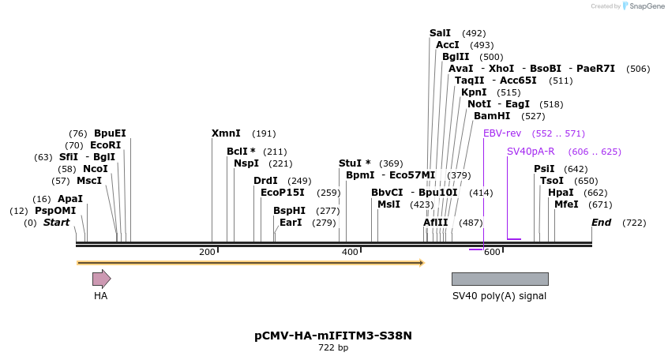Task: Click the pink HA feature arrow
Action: point(101,278)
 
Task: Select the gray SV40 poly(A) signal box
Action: point(499,279)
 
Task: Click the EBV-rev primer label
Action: point(501,133)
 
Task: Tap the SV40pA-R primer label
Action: point(531,152)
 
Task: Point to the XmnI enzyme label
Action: point(226,133)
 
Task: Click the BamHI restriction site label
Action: point(492,116)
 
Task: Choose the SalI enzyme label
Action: point(440,33)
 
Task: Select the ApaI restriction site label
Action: point(70,199)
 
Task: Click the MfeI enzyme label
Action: point(566,204)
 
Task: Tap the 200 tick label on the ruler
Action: point(207,252)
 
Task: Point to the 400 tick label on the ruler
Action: point(350,252)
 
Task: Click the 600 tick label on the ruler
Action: point(492,252)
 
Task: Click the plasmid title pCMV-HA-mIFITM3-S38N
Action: point(333,336)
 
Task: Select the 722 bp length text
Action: point(333,347)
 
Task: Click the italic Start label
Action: point(56,223)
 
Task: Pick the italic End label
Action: point(602,223)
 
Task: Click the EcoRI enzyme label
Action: point(105,145)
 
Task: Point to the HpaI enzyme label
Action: point(561,193)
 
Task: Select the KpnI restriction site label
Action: point(474,92)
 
